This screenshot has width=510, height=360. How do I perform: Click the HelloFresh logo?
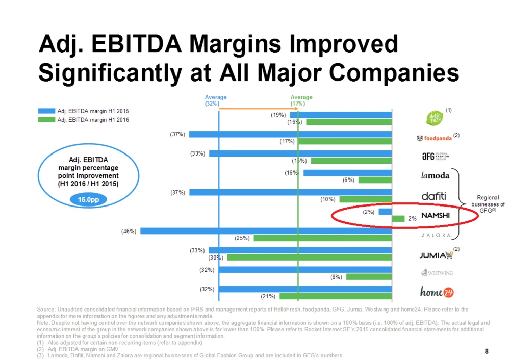(x=435, y=117)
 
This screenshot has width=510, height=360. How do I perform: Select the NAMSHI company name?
(x=435, y=215)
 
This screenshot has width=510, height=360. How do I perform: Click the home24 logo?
(x=437, y=292)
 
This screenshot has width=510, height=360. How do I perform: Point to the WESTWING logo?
(x=436, y=273)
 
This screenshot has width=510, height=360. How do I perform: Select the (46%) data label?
(x=128, y=231)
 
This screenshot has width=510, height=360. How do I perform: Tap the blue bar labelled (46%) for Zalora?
(x=266, y=231)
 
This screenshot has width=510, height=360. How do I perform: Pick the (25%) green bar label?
(x=241, y=238)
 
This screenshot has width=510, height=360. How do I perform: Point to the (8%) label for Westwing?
(x=336, y=277)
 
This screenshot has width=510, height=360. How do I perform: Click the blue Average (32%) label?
(x=216, y=100)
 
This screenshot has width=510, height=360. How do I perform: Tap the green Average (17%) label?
(x=301, y=100)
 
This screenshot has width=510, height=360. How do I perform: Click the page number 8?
(x=487, y=351)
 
